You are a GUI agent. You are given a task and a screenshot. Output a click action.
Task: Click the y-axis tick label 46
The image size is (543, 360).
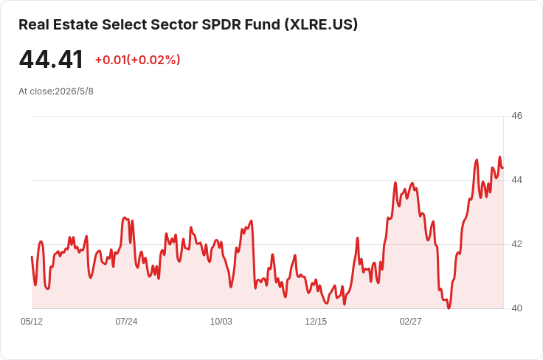coord(516,116)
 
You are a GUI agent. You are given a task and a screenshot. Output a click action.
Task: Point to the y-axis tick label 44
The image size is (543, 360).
coord(516,180)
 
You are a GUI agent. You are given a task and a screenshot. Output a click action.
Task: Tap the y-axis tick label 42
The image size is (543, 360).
coord(516,244)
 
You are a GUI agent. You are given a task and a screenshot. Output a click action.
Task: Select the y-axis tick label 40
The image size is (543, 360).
coord(516,308)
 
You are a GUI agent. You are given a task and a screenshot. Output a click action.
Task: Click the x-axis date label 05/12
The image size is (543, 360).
coord(32,322)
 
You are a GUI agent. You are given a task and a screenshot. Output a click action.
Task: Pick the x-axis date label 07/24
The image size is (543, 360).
coord(126,322)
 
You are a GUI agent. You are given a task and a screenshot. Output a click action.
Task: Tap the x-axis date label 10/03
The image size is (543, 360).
coord(221,322)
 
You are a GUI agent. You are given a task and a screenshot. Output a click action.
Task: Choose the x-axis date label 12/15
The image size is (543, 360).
coord(316,322)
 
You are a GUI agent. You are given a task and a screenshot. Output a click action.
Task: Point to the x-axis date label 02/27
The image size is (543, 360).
coord(411,322)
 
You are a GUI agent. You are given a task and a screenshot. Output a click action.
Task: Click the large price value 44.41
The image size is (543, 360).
coord(51,60)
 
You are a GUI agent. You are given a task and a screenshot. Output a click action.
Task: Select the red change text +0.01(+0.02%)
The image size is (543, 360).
coord(138,60)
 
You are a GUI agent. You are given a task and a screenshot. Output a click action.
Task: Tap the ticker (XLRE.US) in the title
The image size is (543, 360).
coord(321,24)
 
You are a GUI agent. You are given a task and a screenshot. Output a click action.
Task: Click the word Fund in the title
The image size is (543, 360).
coord(263,24)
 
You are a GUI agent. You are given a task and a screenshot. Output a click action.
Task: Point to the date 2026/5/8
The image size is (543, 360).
coord(74,91)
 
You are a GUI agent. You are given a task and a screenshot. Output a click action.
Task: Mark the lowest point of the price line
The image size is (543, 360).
coord(449,308)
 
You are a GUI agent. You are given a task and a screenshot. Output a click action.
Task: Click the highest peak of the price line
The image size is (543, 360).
coord(499,157)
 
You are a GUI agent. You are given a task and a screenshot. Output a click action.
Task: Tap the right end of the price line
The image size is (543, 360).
coord(503,168)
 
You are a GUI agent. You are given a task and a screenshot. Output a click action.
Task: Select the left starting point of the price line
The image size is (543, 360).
coord(32,257)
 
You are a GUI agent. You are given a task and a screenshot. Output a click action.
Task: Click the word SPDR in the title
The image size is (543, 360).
coord(221,24)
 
